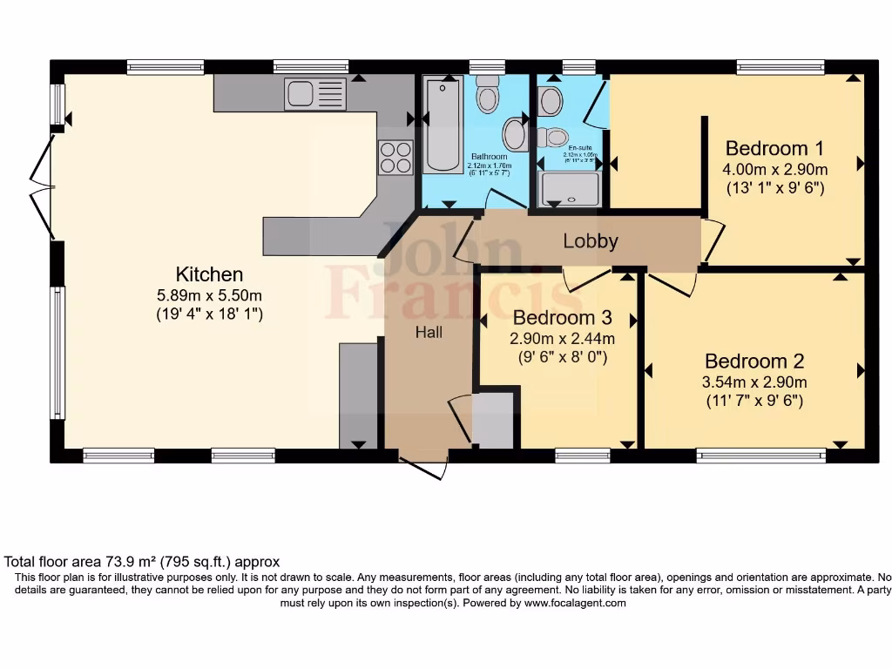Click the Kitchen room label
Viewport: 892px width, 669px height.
point(209,274)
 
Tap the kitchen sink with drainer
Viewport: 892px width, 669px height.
point(314,93)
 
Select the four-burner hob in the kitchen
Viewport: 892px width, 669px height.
point(395,157)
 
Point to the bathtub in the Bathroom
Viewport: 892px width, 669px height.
point(443,126)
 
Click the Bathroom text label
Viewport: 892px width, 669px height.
point(489,157)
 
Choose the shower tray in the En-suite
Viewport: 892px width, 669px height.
point(570,189)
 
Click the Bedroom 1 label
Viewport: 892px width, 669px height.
point(774,147)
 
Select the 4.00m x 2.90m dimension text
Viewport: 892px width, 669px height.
point(774,169)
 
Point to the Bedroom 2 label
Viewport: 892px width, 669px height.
point(754,361)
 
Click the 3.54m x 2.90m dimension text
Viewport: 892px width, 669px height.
point(754,382)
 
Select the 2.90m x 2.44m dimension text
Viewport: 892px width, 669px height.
point(562,338)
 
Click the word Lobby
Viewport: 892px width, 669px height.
point(590,241)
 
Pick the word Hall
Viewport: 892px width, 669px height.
point(428,332)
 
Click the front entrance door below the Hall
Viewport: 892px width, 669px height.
point(424,465)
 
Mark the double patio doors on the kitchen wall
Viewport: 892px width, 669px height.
point(41,187)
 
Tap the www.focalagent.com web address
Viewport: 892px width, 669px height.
point(574,603)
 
